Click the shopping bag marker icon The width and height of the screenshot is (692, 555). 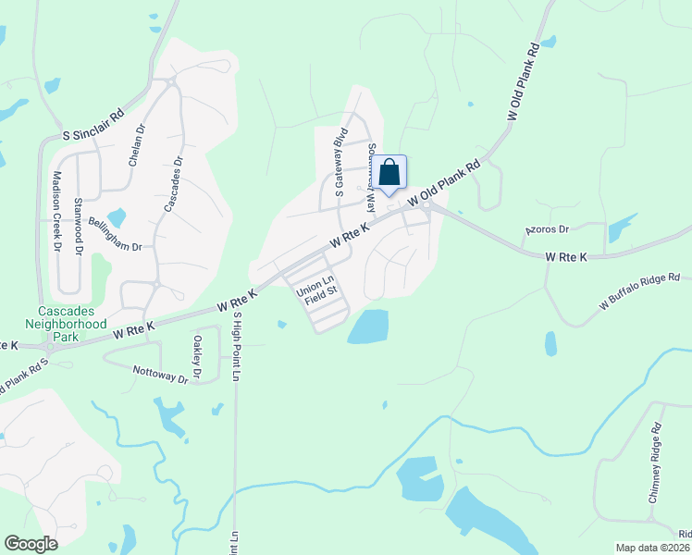390,172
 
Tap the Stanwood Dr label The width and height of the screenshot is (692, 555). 80,225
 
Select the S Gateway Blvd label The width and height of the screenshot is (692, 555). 340,163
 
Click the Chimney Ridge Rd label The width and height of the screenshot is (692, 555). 654,462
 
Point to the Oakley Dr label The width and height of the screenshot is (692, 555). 197,353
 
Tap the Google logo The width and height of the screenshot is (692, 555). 31,544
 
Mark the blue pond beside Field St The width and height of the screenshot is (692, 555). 369,326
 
